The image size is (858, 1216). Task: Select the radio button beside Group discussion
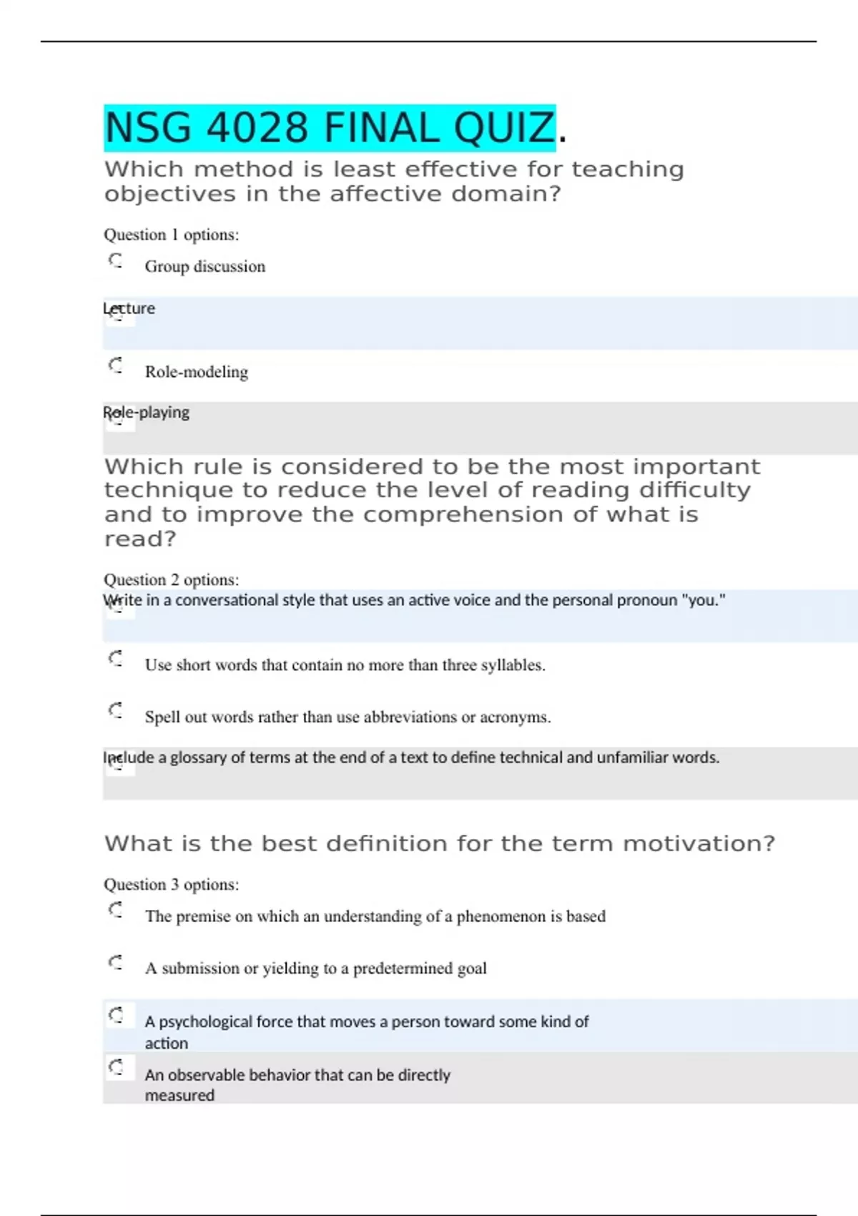pos(116,260)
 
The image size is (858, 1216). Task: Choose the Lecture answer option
pos(129,309)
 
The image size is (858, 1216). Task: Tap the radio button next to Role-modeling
pos(116,366)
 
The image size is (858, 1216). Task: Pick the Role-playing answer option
pos(147,413)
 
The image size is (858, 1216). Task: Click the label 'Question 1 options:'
pos(172,235)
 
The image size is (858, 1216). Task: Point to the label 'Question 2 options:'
pos(172,579)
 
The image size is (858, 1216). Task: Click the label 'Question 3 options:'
pos(172,884)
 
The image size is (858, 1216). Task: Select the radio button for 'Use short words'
pos(116,658)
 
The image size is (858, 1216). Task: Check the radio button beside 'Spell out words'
pos(116,710)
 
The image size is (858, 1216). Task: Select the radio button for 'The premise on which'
pos(116,910)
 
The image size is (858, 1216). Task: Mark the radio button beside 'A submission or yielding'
pos(116,962)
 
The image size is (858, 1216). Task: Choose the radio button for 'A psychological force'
pos(116,1015)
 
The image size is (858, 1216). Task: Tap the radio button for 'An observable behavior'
pos(116,1068)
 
